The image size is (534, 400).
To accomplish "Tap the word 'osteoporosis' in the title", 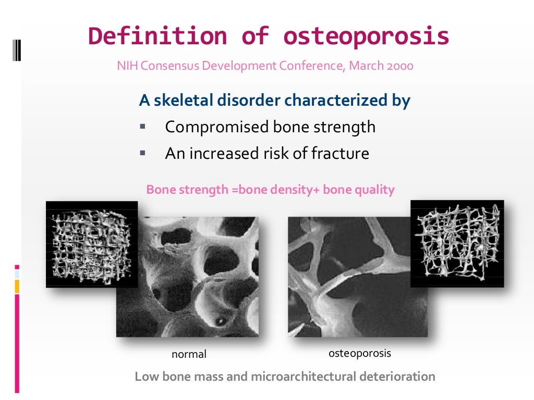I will (x=366, y=36).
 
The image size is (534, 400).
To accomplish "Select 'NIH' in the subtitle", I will (x=127, y=66).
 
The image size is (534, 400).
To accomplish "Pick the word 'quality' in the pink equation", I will (x=374, y=190).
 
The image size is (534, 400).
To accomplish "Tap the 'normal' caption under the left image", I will (x=189, y=354).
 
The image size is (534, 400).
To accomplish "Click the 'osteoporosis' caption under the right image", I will (x=359, y=354).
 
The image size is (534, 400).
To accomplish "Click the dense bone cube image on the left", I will (x=92, y=244).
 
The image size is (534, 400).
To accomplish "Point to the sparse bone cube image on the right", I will (x=457, y=243).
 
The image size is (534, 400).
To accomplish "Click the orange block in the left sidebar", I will (x=17, y=286).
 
